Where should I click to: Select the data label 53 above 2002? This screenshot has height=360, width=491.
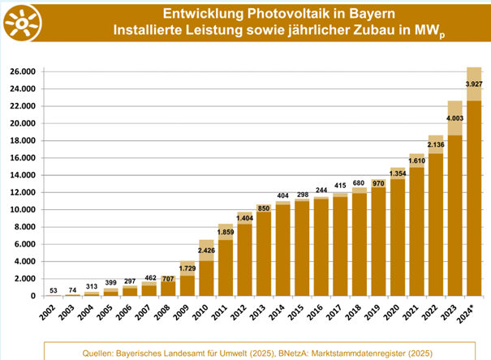[54, 289]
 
